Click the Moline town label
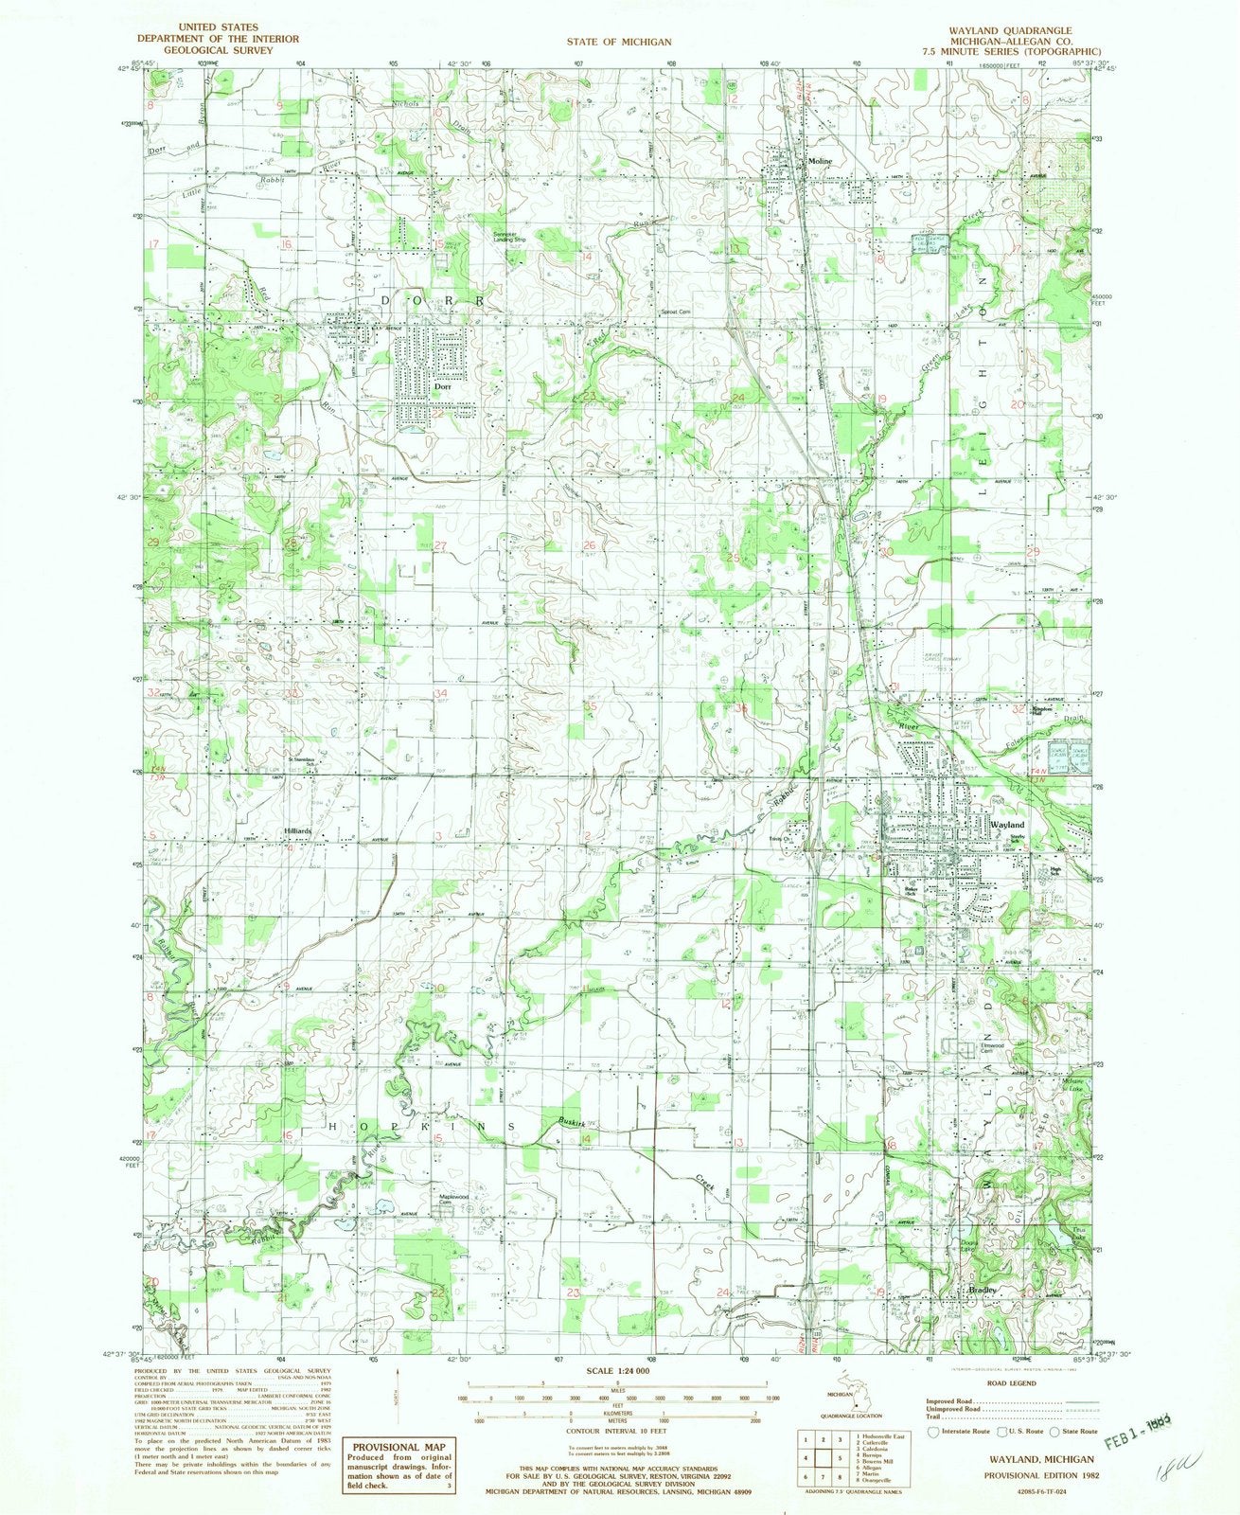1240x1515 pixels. click(820, 162)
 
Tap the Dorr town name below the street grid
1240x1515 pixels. click(440, 386)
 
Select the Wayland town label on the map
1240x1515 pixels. click(1006, 825)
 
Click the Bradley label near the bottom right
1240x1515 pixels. click(980, 1291)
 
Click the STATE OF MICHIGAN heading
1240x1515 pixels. click(619, 42)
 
